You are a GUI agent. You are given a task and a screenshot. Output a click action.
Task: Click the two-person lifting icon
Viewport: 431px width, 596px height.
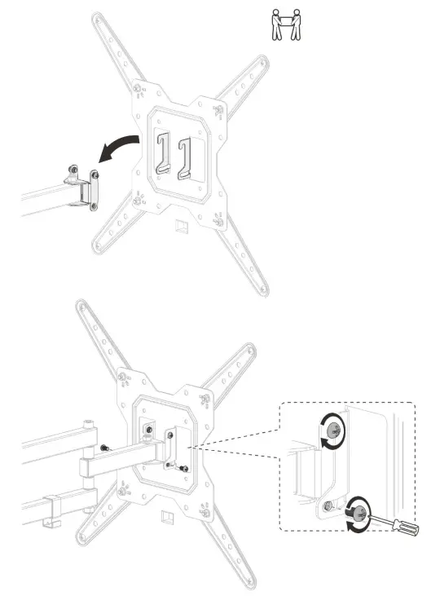coord(284,24)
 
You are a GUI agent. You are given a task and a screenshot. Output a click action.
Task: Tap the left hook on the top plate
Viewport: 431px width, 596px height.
coord(163,155)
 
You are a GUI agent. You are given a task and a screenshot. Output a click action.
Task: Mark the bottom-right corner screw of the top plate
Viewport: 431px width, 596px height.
coord(219,218)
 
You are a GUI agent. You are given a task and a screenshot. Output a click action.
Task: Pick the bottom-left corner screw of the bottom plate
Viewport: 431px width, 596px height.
coord(123,492)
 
